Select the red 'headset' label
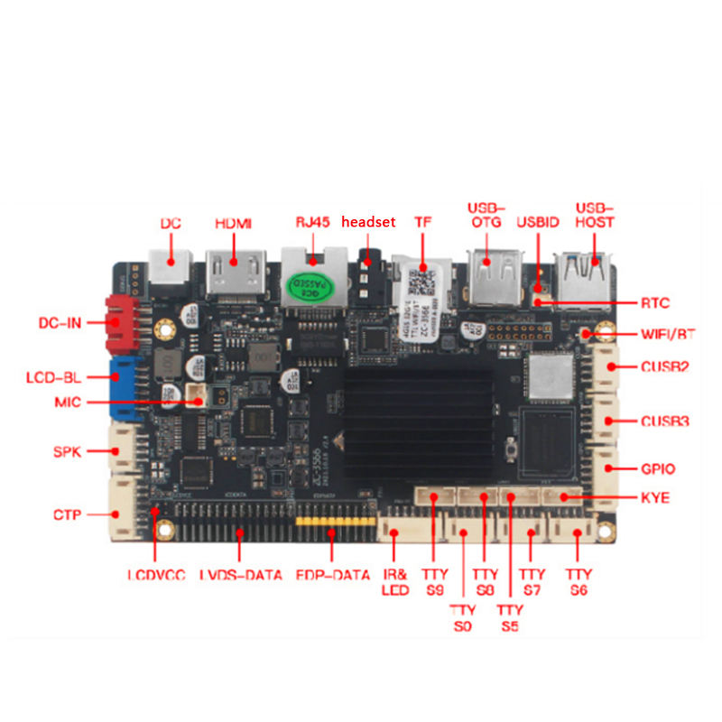(x=368, y=223)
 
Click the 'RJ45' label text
(x=313, y=223)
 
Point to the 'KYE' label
(x=654, y=497)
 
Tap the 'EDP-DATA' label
(x=333, y=575)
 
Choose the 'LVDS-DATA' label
(x=240, y=575)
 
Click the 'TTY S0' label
(x=462, y=618)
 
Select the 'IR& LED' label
(x=395, y=582)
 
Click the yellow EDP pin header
(x=334, y=523)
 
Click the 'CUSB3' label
(x=665, y=421)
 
